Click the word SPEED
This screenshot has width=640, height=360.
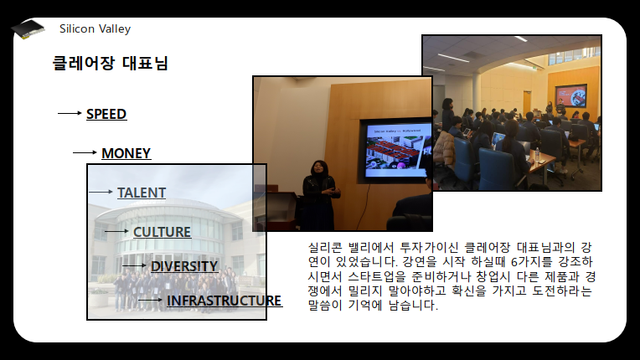[106, 114]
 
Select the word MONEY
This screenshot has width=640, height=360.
[126, 153]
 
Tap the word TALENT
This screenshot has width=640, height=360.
[142, 193]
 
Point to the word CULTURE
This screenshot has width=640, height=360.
[162, 232]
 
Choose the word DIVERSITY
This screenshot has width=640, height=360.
[184, 266]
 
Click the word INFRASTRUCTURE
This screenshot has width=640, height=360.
[224, 301]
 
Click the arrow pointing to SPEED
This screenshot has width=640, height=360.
[70, 113]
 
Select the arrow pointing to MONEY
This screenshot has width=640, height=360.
[85, 152]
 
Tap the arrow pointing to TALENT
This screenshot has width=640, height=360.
[101, 192]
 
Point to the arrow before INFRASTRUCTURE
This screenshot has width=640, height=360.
[150, 300]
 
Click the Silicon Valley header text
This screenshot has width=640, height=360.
[95, 29]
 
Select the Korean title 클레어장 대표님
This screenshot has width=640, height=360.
[111, 63]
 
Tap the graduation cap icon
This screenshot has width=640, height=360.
[28, 29]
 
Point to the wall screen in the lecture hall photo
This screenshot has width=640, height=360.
[570, 95]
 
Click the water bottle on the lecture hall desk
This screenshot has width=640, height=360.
[537, 154]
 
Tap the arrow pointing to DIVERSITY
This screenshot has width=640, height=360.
[134, 266]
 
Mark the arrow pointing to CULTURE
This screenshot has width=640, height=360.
[116, 232]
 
